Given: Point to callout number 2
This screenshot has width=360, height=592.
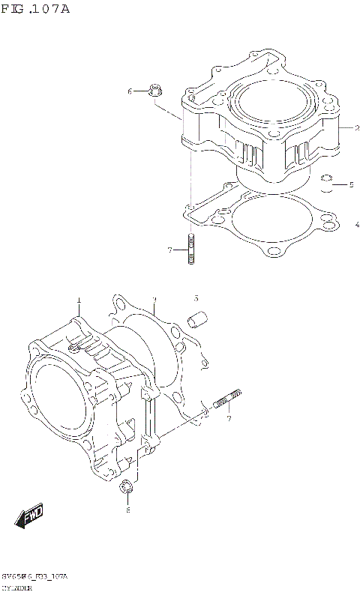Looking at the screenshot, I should (347, 128).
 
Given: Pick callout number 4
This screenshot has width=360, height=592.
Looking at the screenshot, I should (357, 223).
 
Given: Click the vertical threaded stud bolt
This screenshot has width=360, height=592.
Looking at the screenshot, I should (192, 250).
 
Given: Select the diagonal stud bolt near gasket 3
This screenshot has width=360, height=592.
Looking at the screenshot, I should (226, 401).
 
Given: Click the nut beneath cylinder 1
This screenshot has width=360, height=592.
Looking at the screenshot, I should (127, 489).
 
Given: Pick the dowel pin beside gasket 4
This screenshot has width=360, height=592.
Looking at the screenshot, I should (326, 183).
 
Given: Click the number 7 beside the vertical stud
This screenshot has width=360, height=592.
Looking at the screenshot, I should (169, 250).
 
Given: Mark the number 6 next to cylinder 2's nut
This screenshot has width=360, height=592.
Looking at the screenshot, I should (129, 91).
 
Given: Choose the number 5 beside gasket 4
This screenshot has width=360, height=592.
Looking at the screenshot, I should (349, 184).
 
